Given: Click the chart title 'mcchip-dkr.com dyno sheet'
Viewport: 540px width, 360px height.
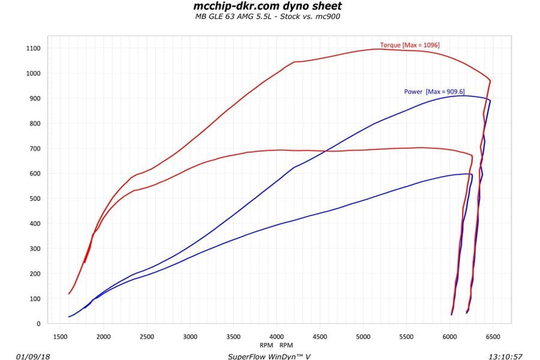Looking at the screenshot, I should pyautogui.click(x=268, y=6).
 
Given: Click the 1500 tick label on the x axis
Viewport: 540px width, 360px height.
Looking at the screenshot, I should pyautogui.click(x=60, y=336).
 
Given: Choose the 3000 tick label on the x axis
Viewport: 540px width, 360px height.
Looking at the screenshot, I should pyautogui.click(x=190, y=336).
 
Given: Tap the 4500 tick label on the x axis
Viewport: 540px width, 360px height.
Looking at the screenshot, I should pyautogui.click(x=320, y=336).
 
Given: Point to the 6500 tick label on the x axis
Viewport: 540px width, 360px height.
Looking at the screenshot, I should pyautogui.click(x=493, y=336).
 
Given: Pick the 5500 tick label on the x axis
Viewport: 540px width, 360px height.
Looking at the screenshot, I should pyautogui.click(x=407, y=336).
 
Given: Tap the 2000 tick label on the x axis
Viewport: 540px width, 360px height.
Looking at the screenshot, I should pyautogui.click(x=103, y=336).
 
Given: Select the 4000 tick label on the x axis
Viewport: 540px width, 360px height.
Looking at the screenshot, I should pyautogui.click(x=277, y=336).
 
